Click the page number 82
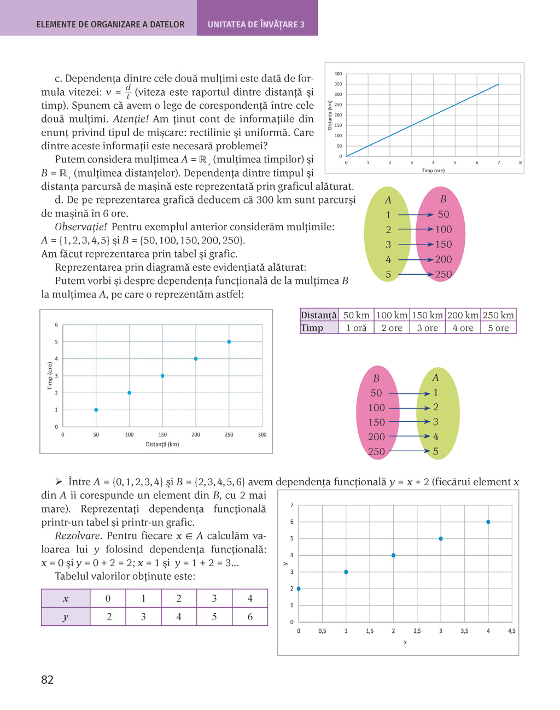(47, 680)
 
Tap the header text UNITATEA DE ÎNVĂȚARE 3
(256, 25)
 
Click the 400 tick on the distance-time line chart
(338, 74)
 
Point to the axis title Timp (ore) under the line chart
(433, 170)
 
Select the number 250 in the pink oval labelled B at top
(443, 275)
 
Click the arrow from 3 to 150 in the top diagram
(416, 245)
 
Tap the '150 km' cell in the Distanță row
(427, 315)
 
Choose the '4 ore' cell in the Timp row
(463, 328)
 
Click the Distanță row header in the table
(319, 315)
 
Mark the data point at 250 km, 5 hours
(229, 342)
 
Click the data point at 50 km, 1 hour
(96, 410)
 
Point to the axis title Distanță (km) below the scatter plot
(162, 444)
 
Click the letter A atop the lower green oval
(435, 377)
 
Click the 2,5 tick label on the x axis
(417, 631)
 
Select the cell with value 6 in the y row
(250, 617)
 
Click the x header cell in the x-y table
(66, 598)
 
